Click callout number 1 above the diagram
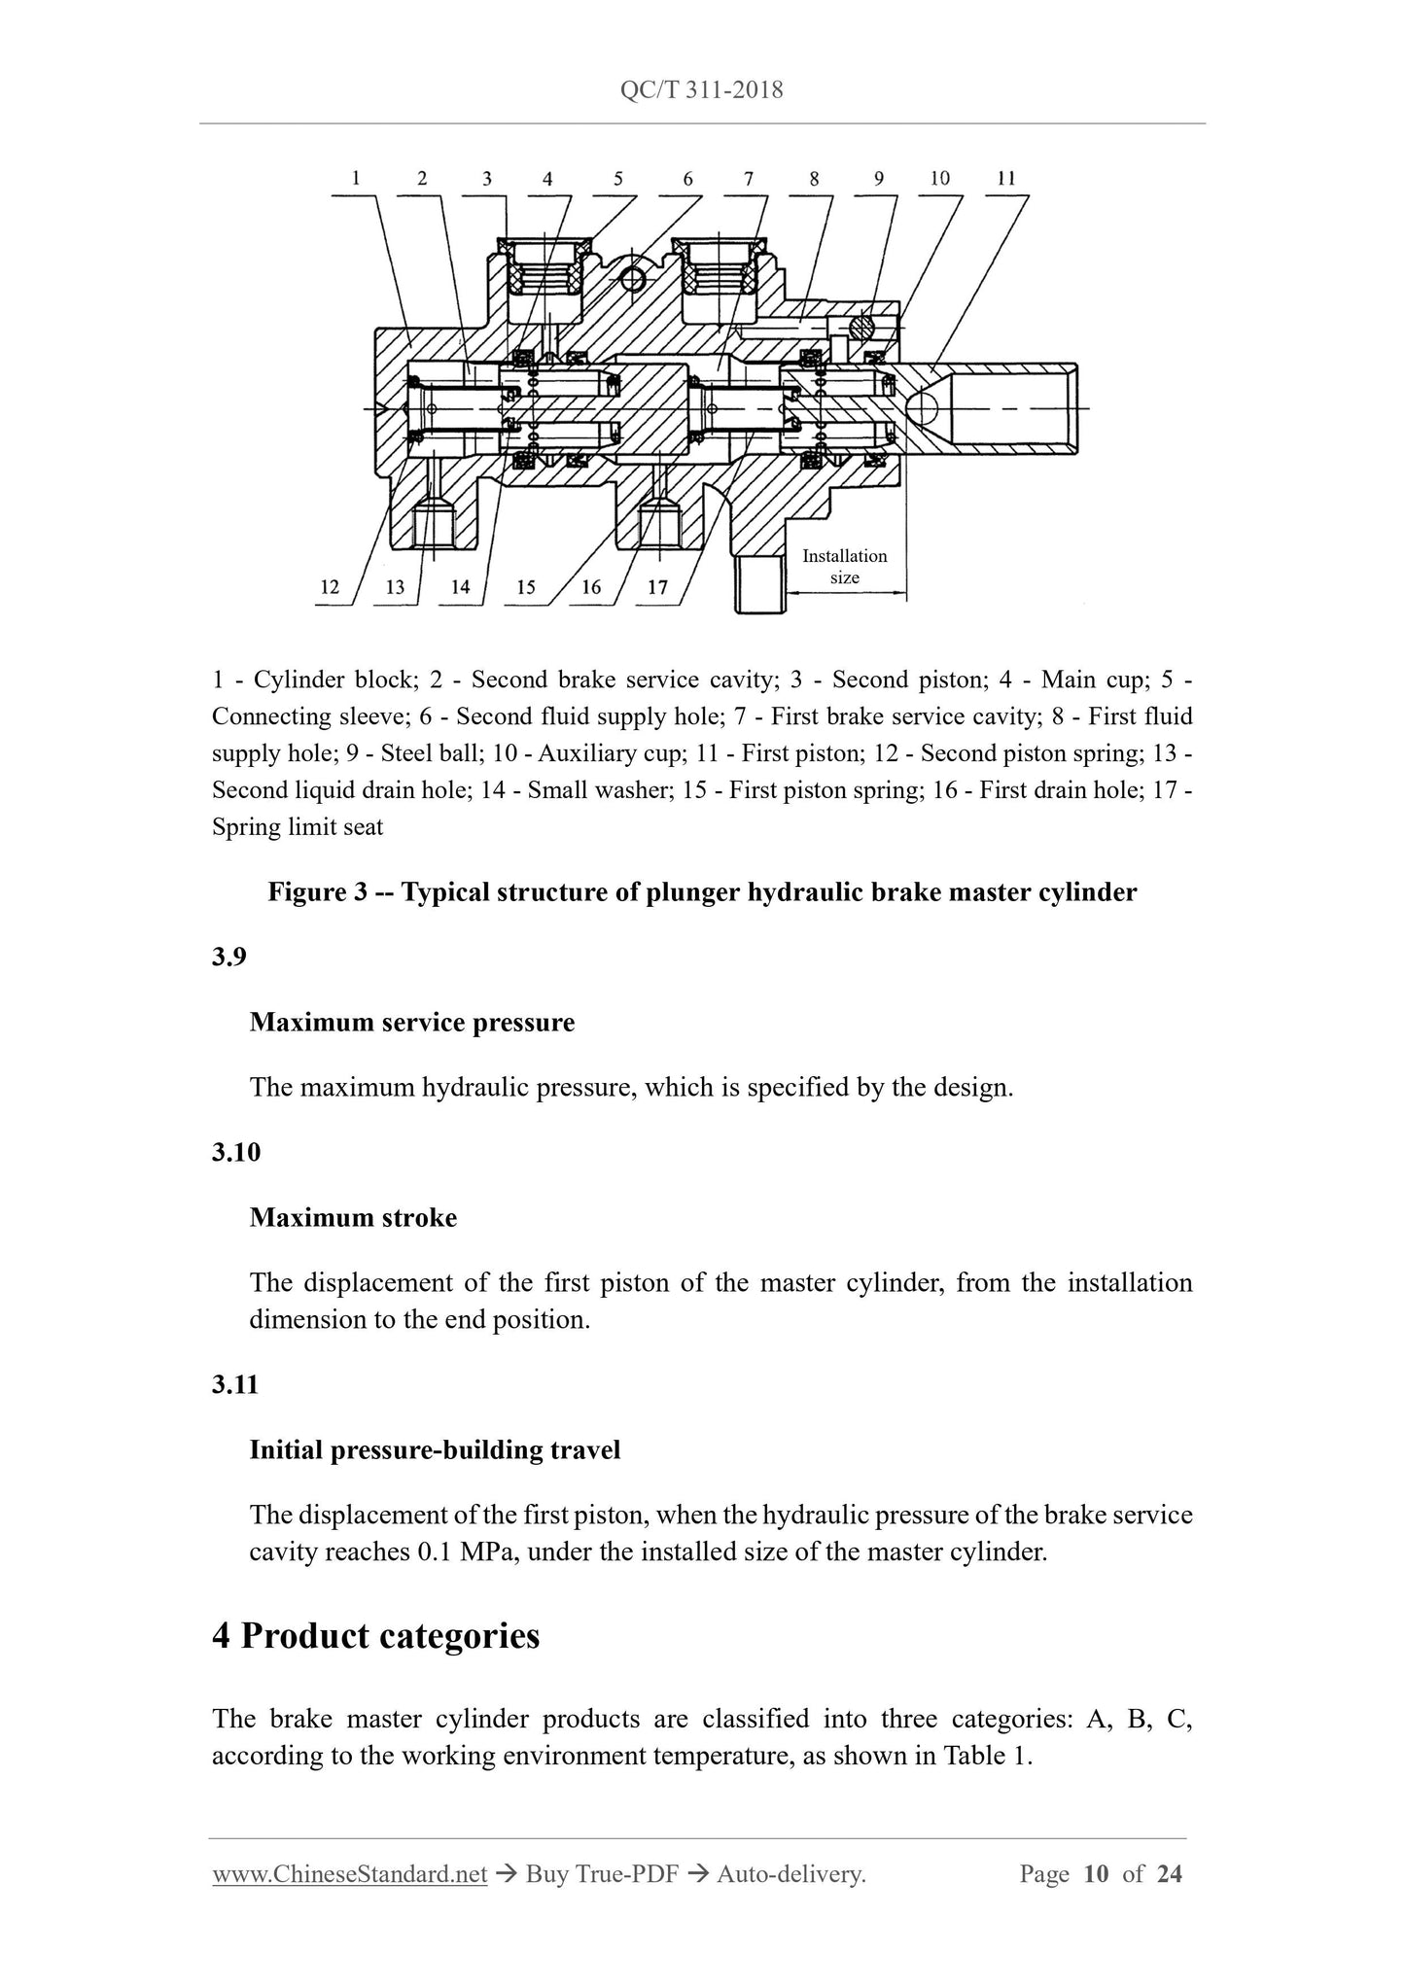[356, 178]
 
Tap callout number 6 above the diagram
[688, 179]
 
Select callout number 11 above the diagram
[1006, 178]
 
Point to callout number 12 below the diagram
[330, 586]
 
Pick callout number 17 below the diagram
[658, 587]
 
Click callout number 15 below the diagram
[526, 587]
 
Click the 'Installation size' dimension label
[844, 567]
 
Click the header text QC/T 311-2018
[701, 90]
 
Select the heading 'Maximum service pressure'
[411, 1022]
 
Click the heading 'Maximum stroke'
[353, 1217]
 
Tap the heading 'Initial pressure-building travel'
[435, 1449]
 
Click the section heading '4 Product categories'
[375, 1635]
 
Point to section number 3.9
[229, 957]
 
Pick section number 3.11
[235, 1384]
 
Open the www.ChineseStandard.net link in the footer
[349, 1874]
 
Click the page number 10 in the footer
[1096, 1874]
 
